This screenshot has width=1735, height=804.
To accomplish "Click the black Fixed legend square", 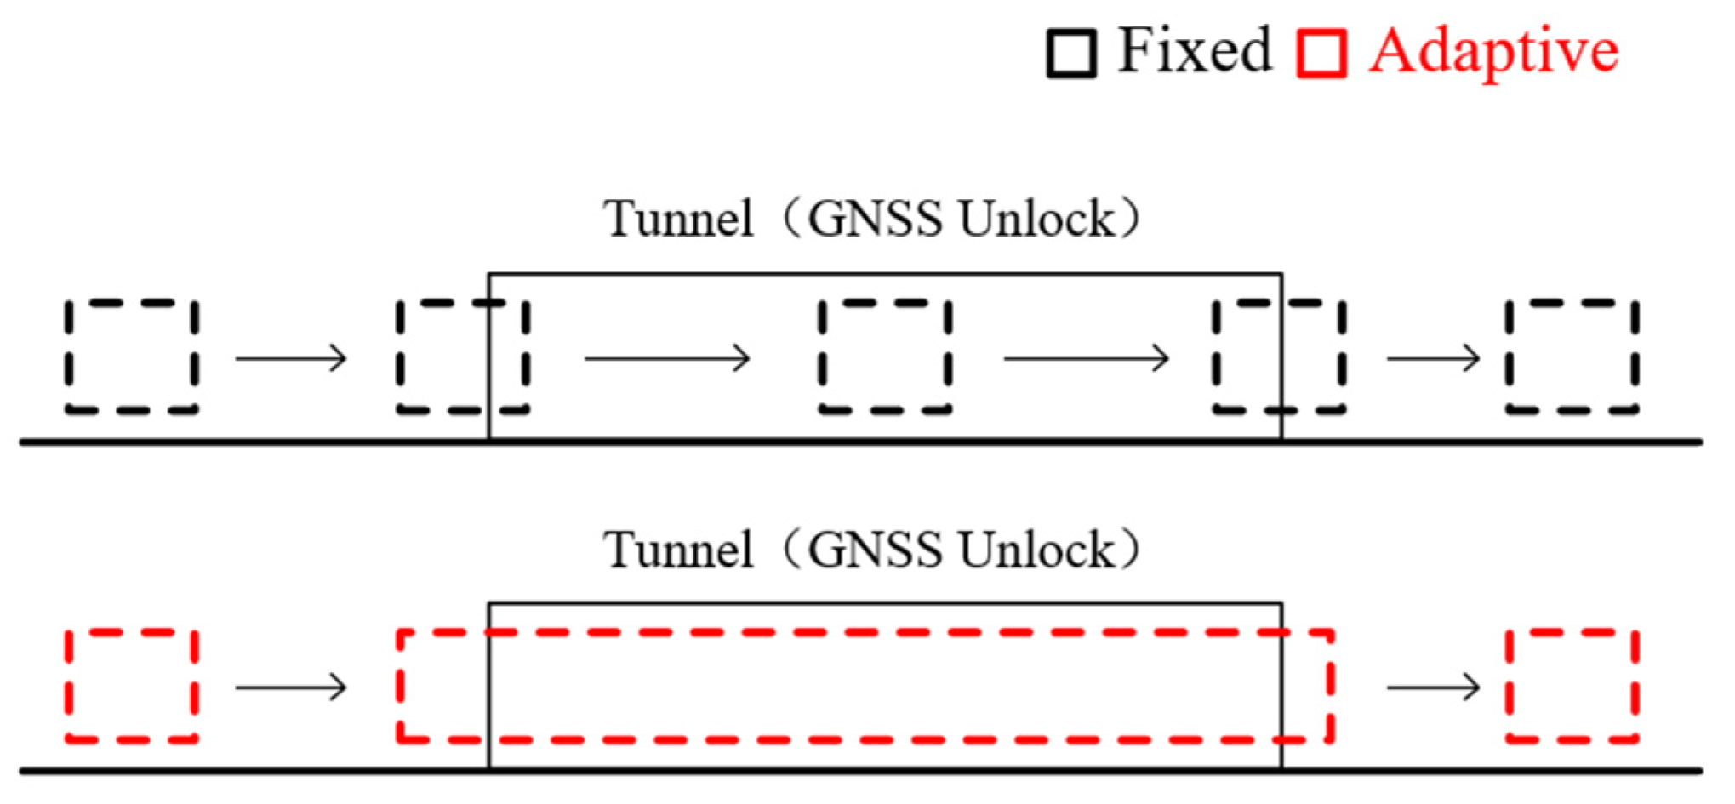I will point(1070,54).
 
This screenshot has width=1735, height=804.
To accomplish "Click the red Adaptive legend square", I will point(1321,54).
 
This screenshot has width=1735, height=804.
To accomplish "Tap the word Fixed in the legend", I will point(1194,50).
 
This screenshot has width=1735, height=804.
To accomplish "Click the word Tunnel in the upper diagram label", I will point(678,219).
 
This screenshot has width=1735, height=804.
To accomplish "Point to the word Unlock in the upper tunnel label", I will point(1036,219).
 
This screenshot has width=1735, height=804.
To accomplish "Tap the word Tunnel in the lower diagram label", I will point(678,550).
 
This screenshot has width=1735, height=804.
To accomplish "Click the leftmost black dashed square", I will point(132,356).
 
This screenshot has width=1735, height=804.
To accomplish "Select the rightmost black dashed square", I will point(1571,356).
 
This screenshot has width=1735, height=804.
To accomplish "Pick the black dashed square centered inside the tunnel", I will point(884,356).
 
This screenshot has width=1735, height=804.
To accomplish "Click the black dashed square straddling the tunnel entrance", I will point(463,356).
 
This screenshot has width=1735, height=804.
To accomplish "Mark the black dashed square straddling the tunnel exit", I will point(1279,356).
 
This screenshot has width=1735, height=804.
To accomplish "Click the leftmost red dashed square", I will point(132,686).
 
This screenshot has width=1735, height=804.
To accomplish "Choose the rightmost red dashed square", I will point(1571,686).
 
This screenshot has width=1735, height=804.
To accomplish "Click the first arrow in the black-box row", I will point(292,358).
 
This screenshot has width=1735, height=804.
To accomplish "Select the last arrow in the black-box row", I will point(1434,358).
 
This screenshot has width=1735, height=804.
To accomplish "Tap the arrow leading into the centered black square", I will point(667,358).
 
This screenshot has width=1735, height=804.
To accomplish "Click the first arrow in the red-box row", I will point(292,687).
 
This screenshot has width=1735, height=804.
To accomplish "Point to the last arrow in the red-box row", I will point(1434,687).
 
